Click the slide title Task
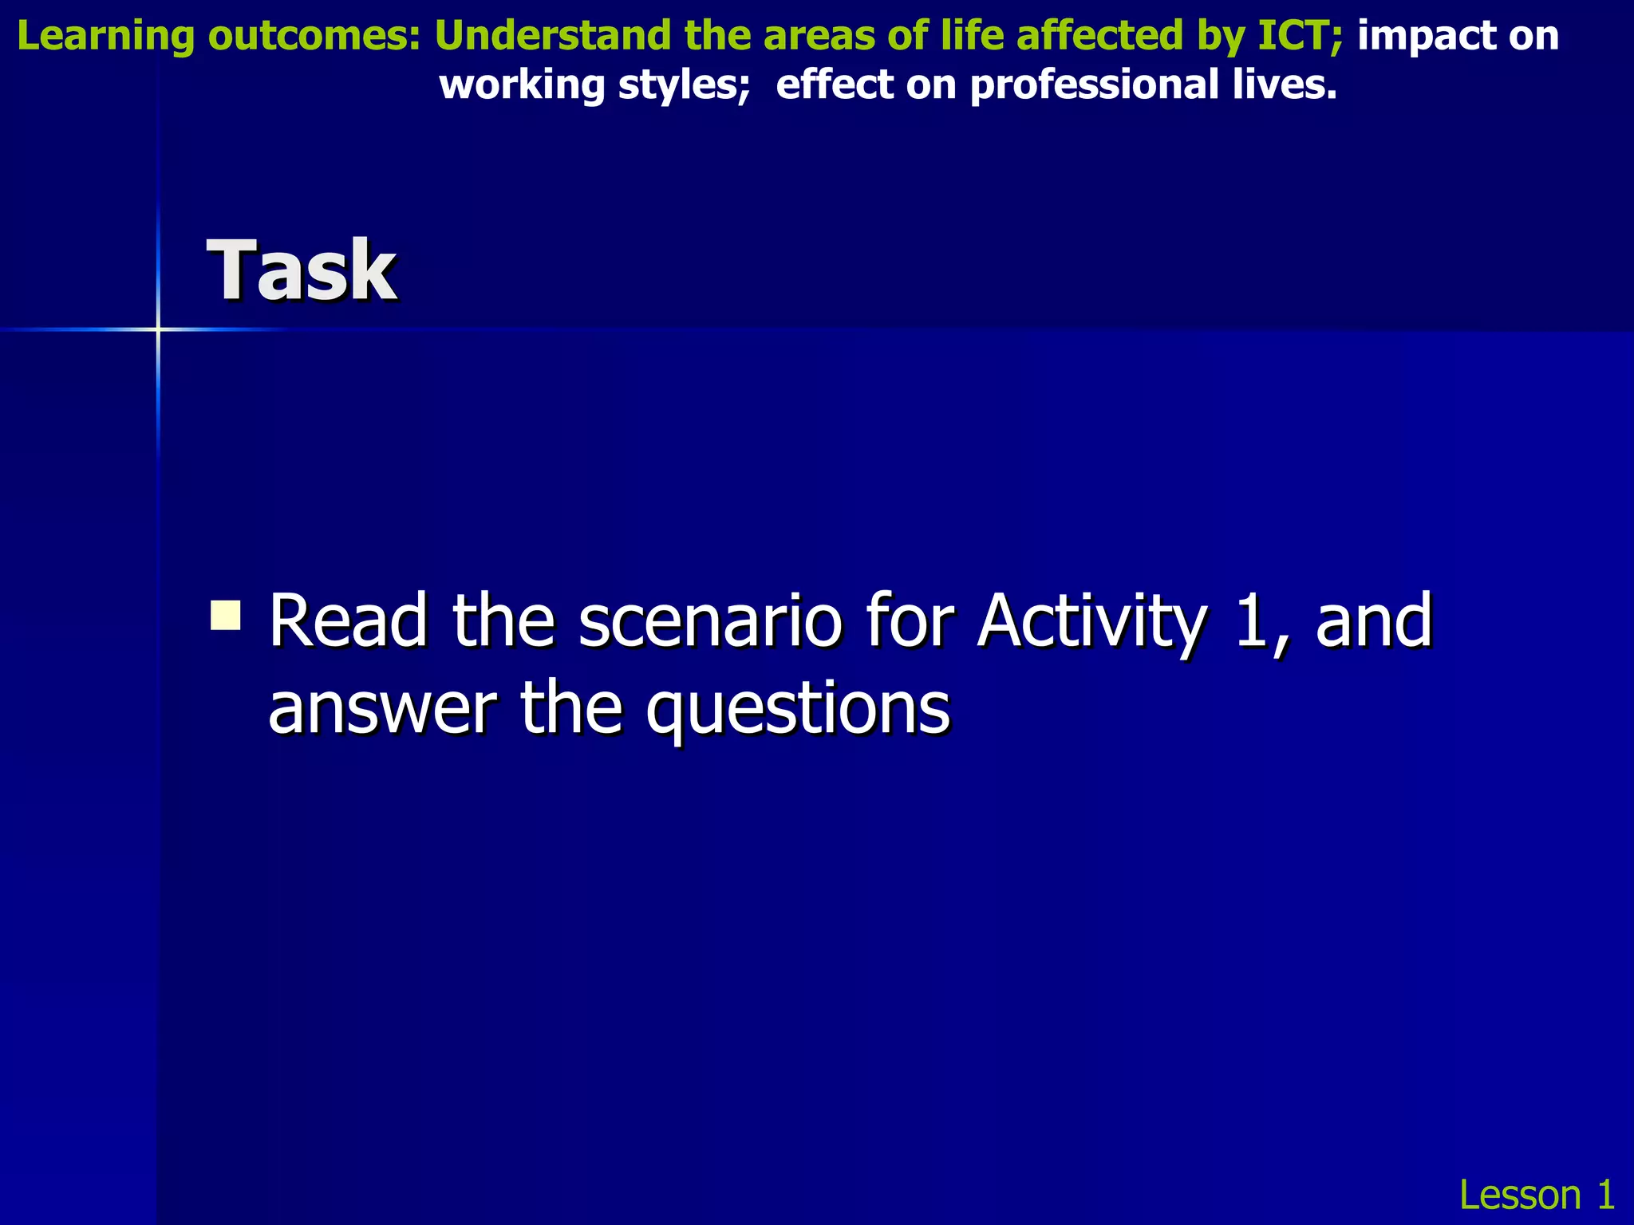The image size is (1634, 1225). [x=302, y=271]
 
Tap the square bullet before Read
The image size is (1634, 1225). [x=226, y=615]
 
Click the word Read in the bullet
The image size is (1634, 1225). [x=348, y=621]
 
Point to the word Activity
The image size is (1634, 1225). [x=1091, y=621]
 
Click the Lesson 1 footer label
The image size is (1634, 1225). [x=1536, y=1194]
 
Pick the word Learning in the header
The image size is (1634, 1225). [x=105, y=37]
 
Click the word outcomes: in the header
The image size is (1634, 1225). [x=314, y=37]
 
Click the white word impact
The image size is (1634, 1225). [x=1415, y=37]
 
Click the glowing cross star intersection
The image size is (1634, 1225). [x=158, y=329]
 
